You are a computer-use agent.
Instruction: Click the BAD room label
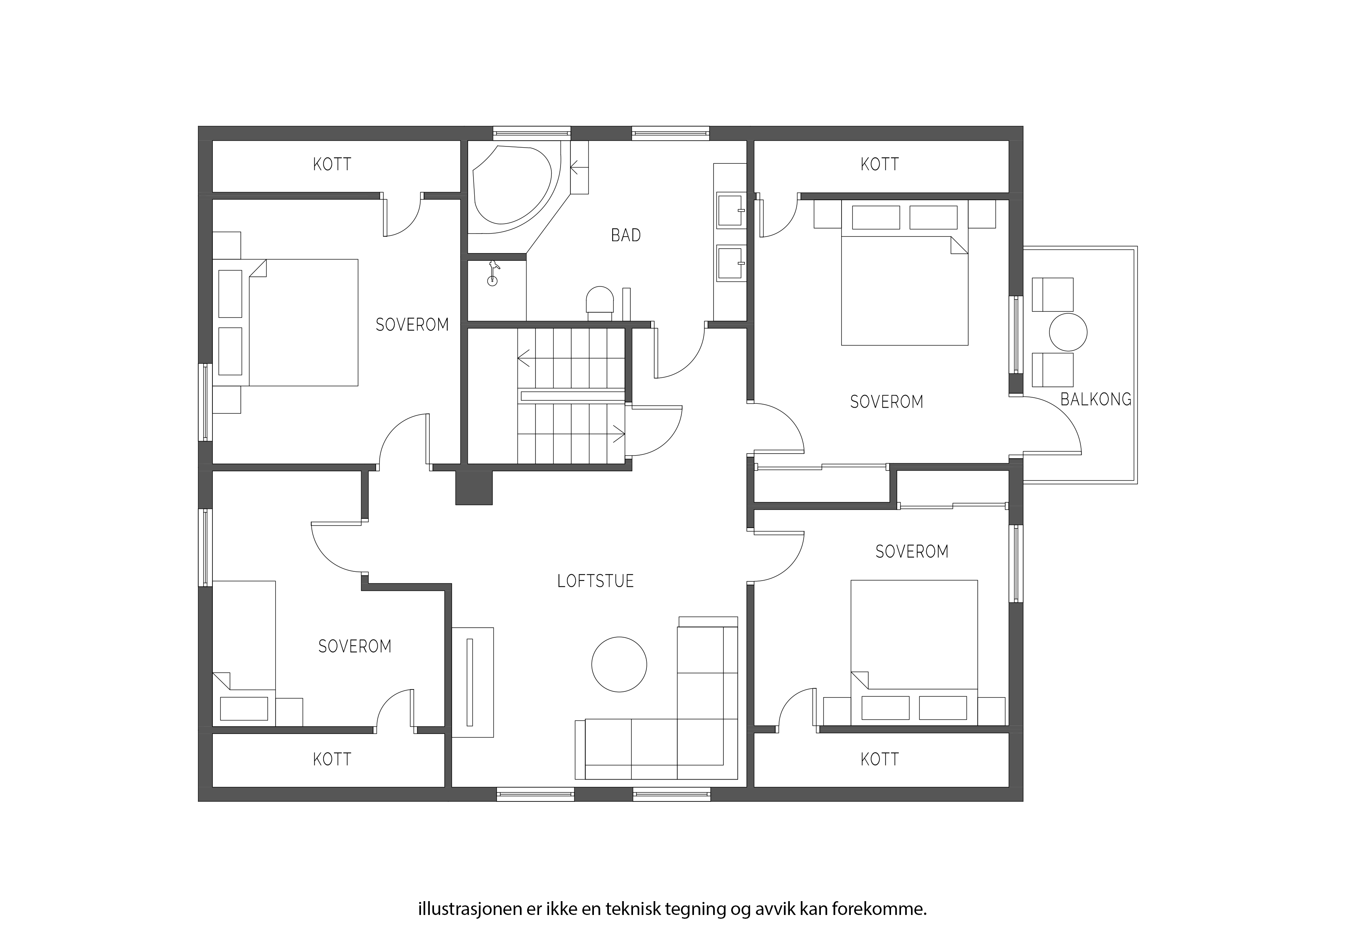pyautogui.click(x=626, y=235)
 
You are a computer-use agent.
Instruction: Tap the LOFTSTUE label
pyautogui.click(x=595, y=581)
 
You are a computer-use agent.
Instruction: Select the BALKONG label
pyautogui.click(x=1095, y=399)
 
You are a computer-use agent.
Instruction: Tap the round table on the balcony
pyautogui.click(x=1068, y=332)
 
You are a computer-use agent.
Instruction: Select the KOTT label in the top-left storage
pyautogui.click(x=332, y=164)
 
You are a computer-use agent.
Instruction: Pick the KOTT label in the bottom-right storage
pyautogui.click(x=879, y=759)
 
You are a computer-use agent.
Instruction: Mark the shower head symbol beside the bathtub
pyautogui.click(x=493, y=273)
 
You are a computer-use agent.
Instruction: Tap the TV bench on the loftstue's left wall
pyautogui.click(x=473, y=682)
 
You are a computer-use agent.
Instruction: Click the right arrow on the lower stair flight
pyautogui.click(x=618, y=434)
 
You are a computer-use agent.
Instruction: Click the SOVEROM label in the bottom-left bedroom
pyautogui.click(x=354, y=646)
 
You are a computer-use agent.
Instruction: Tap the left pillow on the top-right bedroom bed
pyautogui.click(x=876, y=217)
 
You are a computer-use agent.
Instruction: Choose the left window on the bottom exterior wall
pyautogui.click(x=535, y=795)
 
